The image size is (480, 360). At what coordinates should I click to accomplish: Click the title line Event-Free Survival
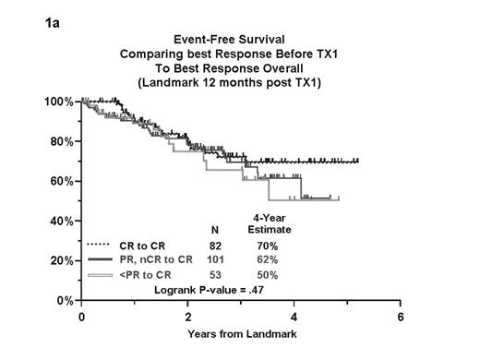(239, 41)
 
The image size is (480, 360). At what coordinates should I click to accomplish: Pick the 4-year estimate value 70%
(268, 246)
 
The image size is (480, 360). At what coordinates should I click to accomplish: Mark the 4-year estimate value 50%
(268, 275)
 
